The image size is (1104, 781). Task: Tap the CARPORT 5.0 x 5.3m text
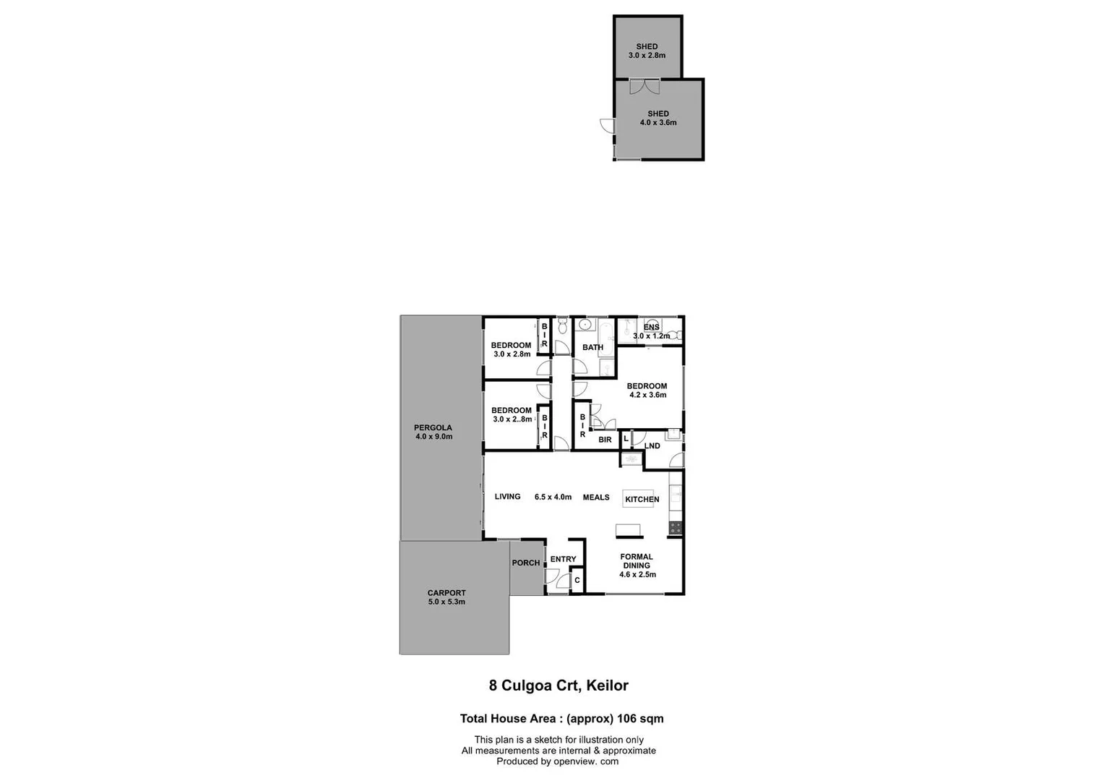point(447,597)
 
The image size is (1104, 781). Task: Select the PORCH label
point(526,563)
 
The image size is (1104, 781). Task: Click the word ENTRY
point(563,559)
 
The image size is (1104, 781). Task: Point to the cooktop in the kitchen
point(676,528)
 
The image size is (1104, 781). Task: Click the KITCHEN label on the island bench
point(642,499)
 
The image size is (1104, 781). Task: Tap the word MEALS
point(596,497)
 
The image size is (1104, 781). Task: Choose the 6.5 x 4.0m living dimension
point(553,497)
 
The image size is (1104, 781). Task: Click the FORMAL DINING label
point(637,561)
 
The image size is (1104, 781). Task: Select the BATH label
point(592,347)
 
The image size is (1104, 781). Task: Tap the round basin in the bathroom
point(585,325)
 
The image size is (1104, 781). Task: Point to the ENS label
point(651,328)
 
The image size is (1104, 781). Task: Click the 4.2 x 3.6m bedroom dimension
point(647,395)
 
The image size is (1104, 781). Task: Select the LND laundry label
point(652,445)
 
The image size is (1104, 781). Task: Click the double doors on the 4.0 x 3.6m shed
point(644,87)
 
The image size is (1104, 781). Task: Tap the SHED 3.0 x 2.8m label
point(647,51)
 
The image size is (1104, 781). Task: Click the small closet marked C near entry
point(577,580)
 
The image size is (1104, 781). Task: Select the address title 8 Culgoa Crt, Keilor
point(559,686)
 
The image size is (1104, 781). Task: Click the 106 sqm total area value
point(640,718)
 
